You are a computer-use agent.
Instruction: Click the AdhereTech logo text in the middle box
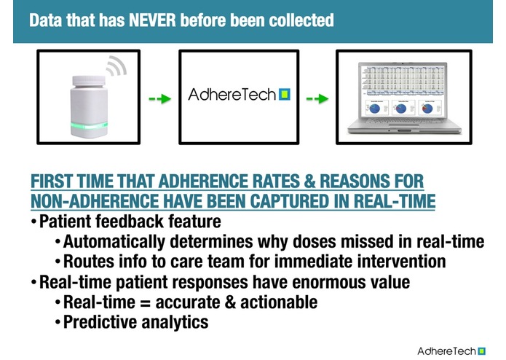click(232, 95)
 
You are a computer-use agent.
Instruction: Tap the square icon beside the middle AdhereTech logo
click(284, 95)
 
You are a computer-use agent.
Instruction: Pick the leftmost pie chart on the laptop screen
click(375, 108)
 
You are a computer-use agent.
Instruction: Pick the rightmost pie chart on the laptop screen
click(427, 108)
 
